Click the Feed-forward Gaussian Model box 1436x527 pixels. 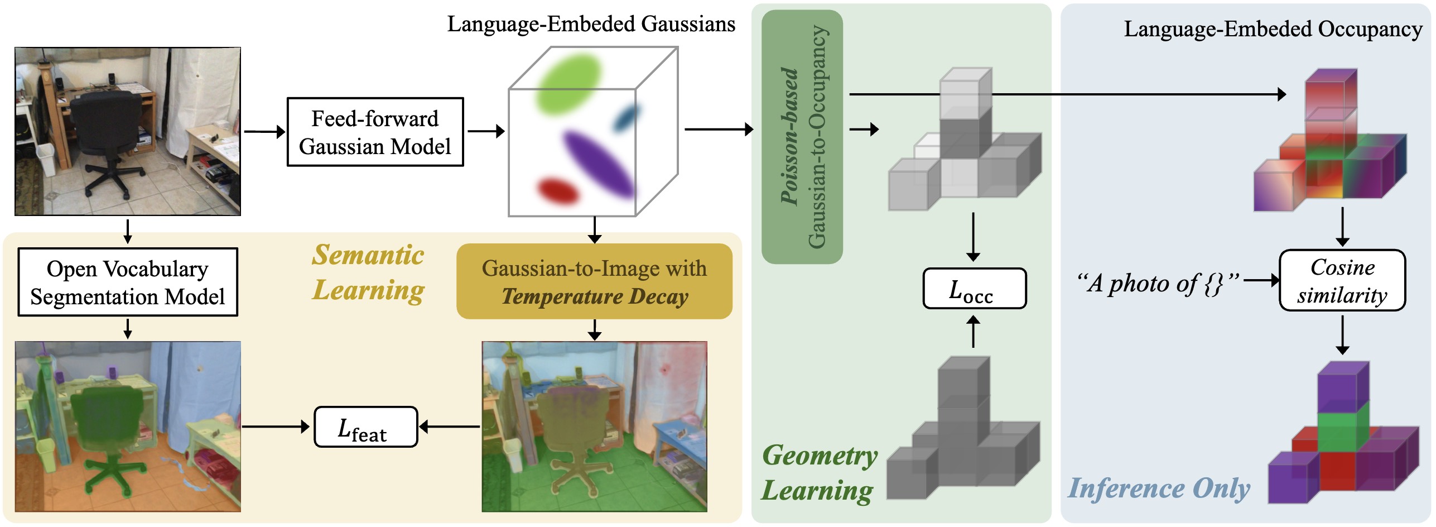point(375,132)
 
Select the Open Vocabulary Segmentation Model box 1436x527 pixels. point(128,282)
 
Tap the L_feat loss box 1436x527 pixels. point(366,427)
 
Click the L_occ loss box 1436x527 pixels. point(975,289)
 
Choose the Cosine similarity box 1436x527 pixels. point(1342,280)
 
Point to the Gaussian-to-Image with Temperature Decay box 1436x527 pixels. point(595,281)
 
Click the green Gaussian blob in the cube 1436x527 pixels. point(568,84)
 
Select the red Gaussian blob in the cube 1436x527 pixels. point(558,190)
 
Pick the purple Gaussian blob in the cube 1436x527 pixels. point(598,163)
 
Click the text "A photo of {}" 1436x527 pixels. point(1158,284)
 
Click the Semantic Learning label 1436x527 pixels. point(368,273)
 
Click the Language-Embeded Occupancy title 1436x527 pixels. point(1273,29)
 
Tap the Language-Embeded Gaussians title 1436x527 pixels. point(591,24)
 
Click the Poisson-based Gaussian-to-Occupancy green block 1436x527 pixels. point(802,137)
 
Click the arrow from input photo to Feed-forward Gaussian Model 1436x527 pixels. point(264,132)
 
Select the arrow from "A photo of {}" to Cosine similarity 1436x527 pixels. point(1261,280)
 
